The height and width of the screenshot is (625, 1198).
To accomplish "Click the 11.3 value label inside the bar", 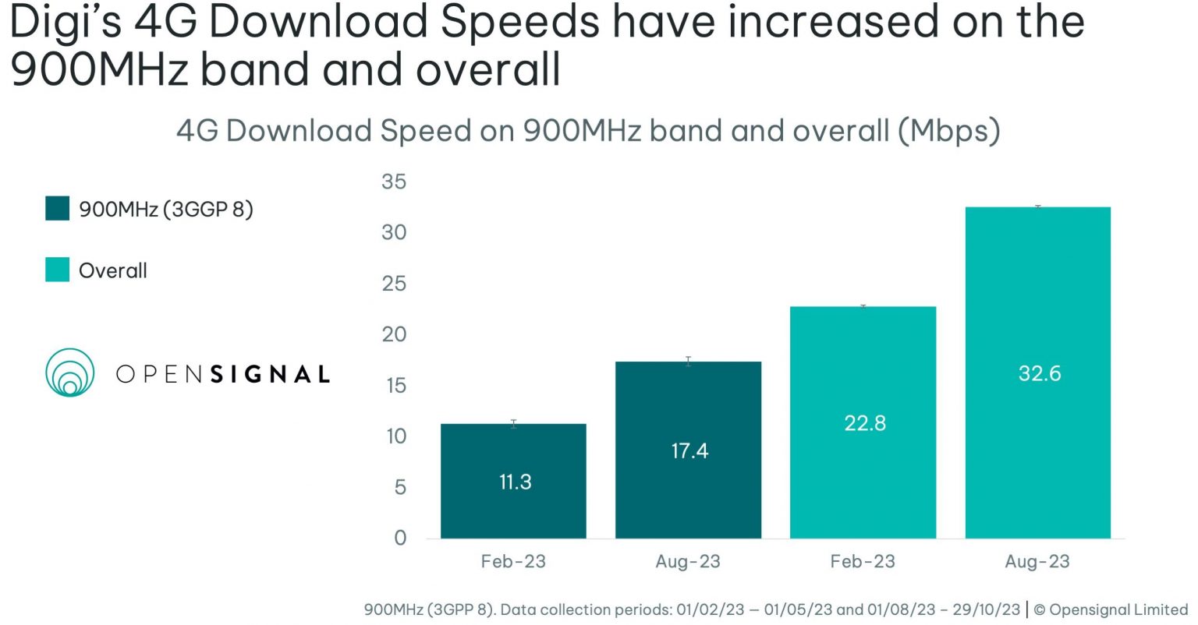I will [x=515, y=482].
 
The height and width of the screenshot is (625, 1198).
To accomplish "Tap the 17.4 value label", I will [x=689, y=451].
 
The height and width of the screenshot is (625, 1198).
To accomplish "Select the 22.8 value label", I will [x=864, y=423].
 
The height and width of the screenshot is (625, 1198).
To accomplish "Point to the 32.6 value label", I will [x=1039, y=373].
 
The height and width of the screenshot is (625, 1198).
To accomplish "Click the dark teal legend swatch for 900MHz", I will [x=57, y=209].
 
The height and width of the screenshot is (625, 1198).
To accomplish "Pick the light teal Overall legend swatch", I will [x=57, y=270].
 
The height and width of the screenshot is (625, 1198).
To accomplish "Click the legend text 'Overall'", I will [x=113, y=270].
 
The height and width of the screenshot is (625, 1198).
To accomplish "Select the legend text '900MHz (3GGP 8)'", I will [x=166, y=210].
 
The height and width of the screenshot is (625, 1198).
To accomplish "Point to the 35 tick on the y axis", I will [x=394, y=182].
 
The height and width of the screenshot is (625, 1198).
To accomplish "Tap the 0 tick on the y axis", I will [x=400, y=538].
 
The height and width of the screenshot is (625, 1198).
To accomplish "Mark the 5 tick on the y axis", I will [x=400, y=487].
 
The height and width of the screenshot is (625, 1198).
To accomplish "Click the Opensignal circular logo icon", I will [x=70, y=373].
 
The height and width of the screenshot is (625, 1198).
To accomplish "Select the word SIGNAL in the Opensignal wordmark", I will [x=270, y=374].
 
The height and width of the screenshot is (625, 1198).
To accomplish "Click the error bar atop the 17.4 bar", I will [x=688, y=361].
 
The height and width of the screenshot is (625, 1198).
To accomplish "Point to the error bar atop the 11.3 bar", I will [x=513, y=423].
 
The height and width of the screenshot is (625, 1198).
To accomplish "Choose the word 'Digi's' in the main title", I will [x=66, y=22].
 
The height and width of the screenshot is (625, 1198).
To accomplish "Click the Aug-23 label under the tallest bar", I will [x=1037, y=562].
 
